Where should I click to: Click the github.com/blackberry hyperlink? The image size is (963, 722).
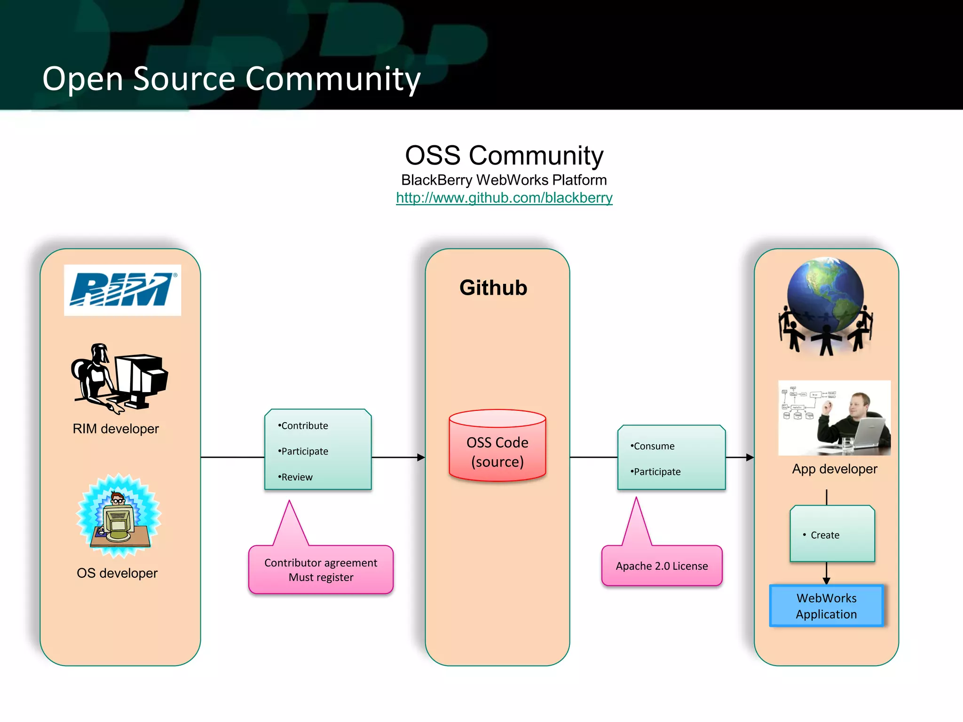[x=504, y=198]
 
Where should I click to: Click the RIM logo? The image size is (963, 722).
[x=122, y=290]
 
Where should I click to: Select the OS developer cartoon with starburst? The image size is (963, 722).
[x=119, y=516]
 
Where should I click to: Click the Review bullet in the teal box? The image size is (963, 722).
[x=296, y=477]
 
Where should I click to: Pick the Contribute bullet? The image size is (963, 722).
[x=304, y=426]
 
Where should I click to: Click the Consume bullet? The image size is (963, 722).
[x=654, y=446]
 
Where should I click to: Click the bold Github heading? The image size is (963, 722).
[x=493, y=288]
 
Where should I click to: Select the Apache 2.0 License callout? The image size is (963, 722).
[x=662, y=566]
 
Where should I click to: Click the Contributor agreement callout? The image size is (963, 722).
[x=321, y=570]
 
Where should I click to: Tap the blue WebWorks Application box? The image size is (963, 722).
[x=826, y=606]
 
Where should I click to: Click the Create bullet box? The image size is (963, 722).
[x=832, y=534]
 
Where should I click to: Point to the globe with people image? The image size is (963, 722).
[x=826, y=306]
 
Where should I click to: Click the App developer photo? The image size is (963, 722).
[x=834, y=417]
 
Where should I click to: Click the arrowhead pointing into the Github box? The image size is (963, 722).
[x=421, y=457]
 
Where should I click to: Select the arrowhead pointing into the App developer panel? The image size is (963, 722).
[x=750, y=457]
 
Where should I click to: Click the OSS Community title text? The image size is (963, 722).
[x=504, y=156]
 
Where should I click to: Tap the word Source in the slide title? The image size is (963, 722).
[x=184, y=78]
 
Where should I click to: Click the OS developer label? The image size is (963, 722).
[x=117, y=573]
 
